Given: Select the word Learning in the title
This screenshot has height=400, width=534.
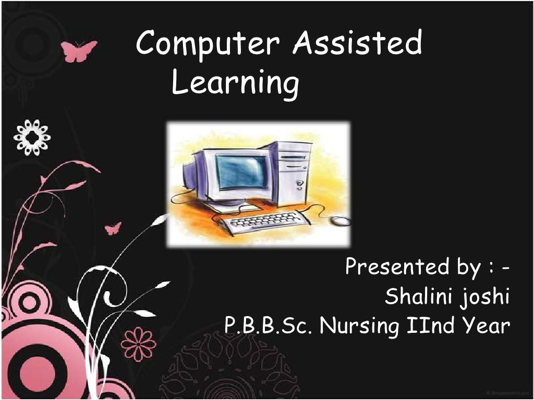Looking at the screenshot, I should [x=235, y=84].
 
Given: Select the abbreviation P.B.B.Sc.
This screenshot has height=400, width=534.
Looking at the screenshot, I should [x=269, y=327].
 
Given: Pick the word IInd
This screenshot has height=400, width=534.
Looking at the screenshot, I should [x=426, y=327].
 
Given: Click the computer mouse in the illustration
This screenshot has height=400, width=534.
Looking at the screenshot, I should [x=341, y=221].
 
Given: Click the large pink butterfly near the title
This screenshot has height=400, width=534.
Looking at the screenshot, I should [x=79, y=51].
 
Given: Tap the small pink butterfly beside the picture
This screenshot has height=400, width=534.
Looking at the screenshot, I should [x=113, y=228].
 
